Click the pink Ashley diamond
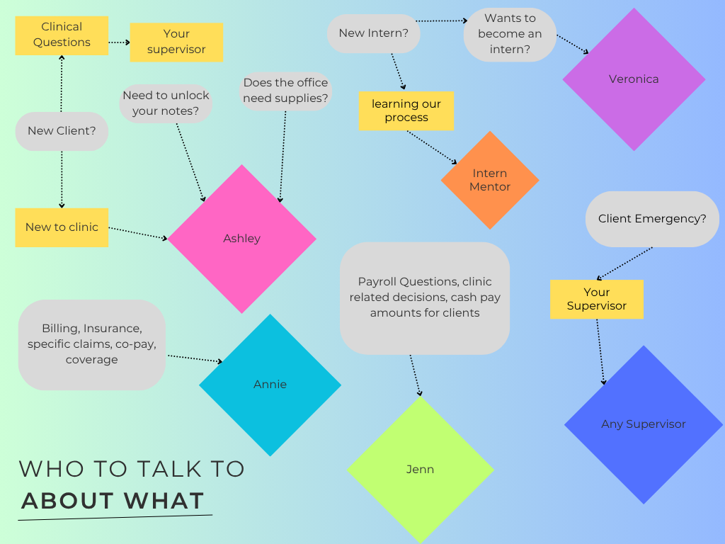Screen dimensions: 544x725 (241, 239)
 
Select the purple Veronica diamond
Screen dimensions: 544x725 (634, 79)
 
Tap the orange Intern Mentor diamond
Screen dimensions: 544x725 (490, 180)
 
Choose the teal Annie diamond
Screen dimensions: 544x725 (270, 385)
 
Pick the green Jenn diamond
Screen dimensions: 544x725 (420, 470)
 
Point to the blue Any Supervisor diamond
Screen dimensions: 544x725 (644, 424)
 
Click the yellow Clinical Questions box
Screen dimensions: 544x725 (62, 35)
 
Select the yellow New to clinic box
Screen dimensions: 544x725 (62, 227)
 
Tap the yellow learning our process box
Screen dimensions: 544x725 (406, 110)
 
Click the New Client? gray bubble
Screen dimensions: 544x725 (62, 131)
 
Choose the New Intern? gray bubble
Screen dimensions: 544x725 (374, 33)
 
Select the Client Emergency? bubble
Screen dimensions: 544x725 (652, 219)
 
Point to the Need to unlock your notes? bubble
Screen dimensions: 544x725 (166, 103)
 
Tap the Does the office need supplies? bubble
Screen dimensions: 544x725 (285, 91)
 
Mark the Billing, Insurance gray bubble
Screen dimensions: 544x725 (91, 344)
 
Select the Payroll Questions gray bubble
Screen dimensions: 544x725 (424, 297)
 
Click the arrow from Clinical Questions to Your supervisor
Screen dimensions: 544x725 (119, 42)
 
